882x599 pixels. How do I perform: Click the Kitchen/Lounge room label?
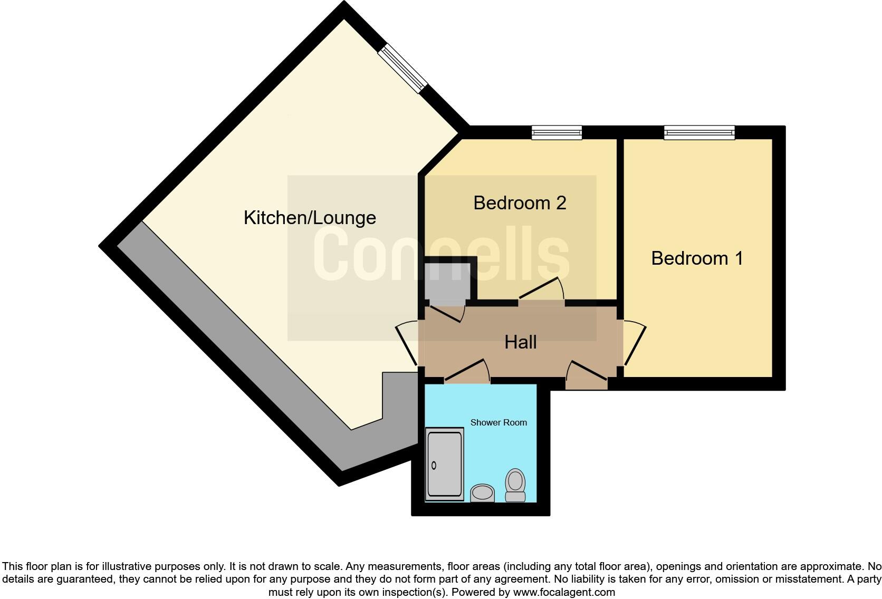tap(310, 217)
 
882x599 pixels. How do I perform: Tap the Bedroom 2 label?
tap(520, 202)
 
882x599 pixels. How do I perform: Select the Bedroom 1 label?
tap(697, 258)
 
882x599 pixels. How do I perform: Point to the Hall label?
tap(520, 342)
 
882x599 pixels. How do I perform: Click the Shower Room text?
tap(498, 422)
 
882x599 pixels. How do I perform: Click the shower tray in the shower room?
tap(444, 465)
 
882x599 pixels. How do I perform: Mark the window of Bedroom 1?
tap(699, 132)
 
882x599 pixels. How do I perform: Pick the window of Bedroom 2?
tap(557, 132)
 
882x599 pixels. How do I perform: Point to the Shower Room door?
tap(467, 371)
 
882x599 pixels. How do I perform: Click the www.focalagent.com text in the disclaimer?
tap(564, 592)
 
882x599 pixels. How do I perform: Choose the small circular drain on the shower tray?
tap(434, 465)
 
